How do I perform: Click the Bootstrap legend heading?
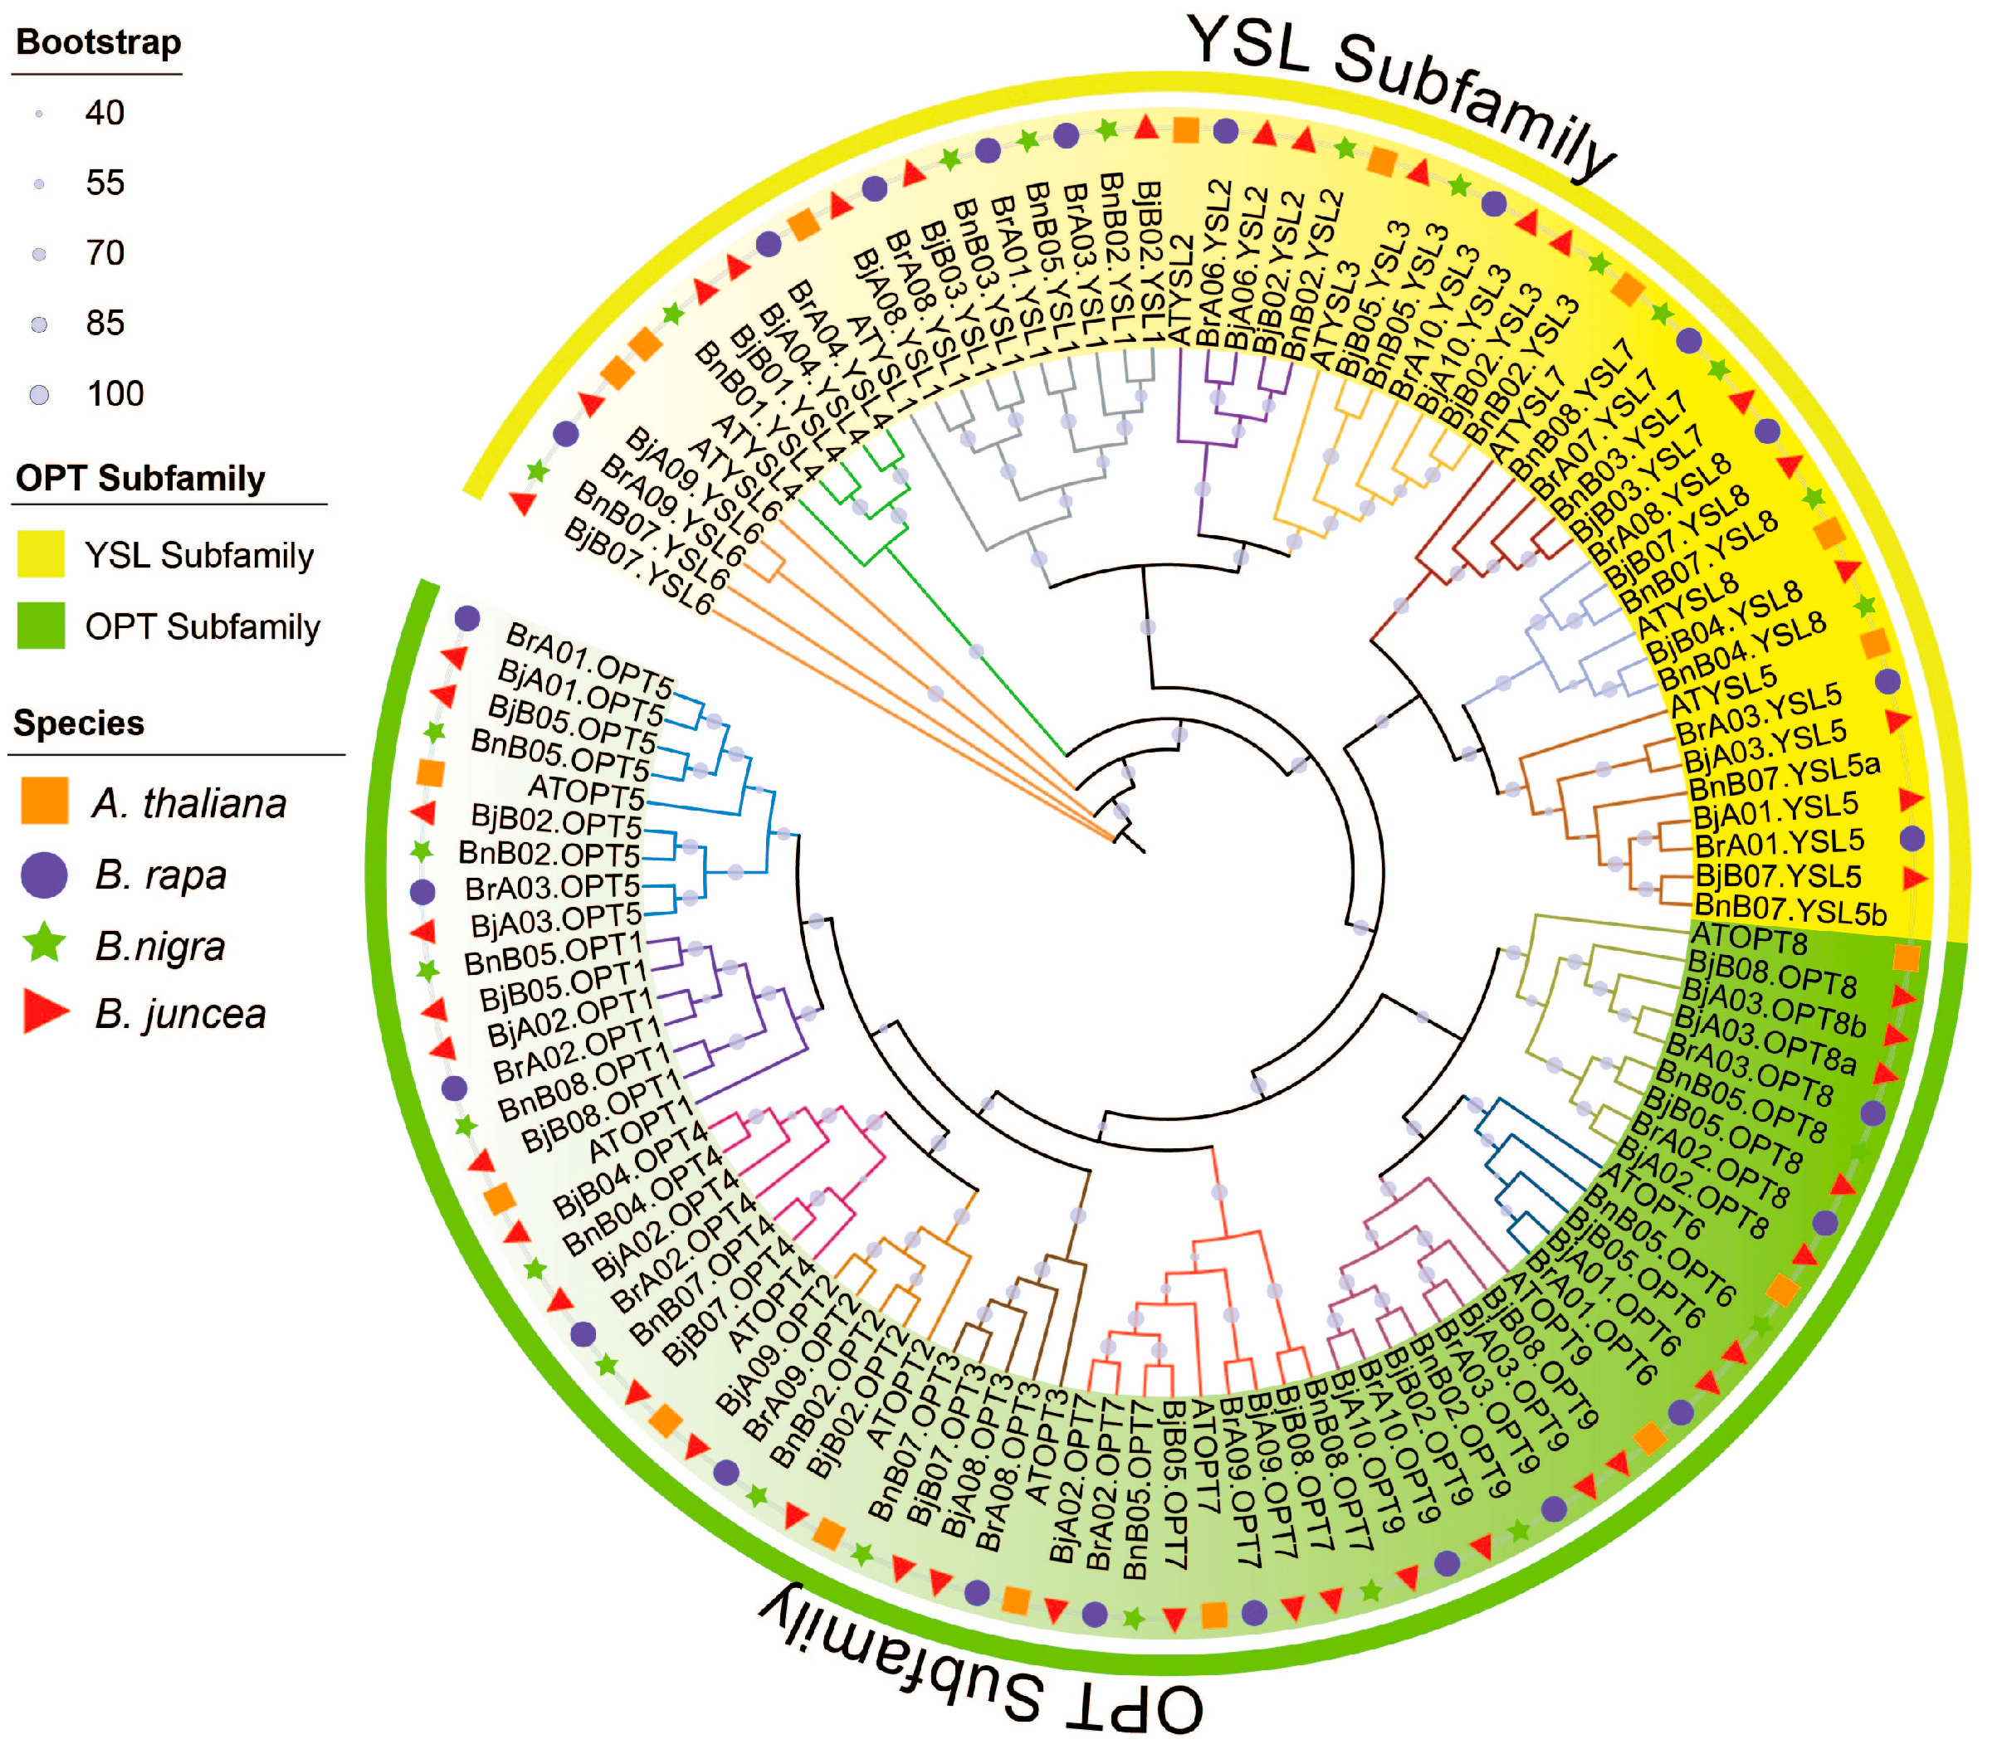(99, 43)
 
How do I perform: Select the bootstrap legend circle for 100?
(39, 395)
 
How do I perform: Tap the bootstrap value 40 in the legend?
(105, 113)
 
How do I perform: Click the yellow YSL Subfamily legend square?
(41, 554)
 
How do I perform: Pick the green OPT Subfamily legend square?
(41, 626)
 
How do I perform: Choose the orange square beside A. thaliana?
(44, 801)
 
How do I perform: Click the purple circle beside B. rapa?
(44, 874)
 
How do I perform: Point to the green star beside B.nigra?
(44, 943)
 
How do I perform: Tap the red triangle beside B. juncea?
(44, 1012)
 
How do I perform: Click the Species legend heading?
(79, 723)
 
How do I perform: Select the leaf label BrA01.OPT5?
(589, 653)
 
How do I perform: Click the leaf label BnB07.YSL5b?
(1790, 909)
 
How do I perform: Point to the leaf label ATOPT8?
(1748, 938)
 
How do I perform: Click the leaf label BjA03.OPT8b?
(1774, 1007)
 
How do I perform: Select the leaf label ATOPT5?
(586, 792)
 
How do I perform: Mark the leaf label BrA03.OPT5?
(553, 888)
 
